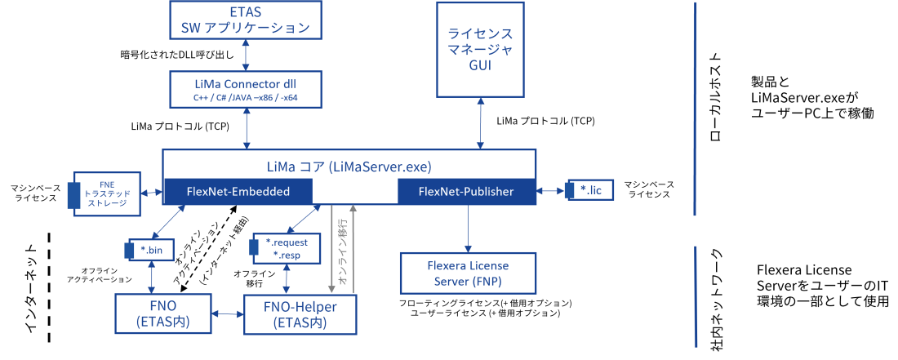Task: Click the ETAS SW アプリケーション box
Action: pyautogui.click(x=246, y=19)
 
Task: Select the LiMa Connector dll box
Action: pyautogui.click(x=245, y=89)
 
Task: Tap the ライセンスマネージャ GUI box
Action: pyautogui.click(x=480, y=49)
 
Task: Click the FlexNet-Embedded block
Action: pyautogui.click(x=238, y=192)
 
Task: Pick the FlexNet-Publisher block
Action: pyautogui.click(x=466, y=192)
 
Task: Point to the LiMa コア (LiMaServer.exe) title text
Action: pyautogui.click(x=349, y=166)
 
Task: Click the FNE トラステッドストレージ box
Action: pyautogui.click(x=107, y=193)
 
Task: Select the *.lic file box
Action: pyautogui.click(x=589, y=190)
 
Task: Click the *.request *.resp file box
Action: pyautogui.click(x=281, y=248)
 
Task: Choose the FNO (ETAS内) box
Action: pyautogui.click(x=163, y=313)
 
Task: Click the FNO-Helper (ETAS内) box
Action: pyautogui.click(x=300, y=314)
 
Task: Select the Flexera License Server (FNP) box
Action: pyautogui.click(x=468, y=273)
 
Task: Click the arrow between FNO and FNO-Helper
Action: pyautogui.click(x=228, y=313)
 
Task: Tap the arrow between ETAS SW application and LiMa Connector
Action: pyautogui.click(x=246, y=54)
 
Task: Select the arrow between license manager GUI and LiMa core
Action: pyautogui.click(x=480, y=123)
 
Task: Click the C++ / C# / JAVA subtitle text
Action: pyautogui.click(x=245, y=97)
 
